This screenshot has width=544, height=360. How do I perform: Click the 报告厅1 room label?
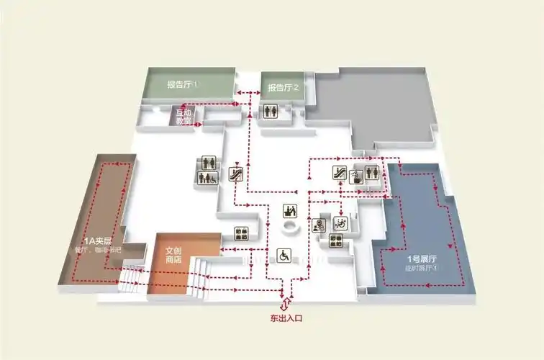click(182, 85)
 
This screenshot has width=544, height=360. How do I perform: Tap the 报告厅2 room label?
click(283, 89)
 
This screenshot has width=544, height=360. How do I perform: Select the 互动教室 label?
click(184, 117)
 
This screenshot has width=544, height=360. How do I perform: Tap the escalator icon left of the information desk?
click(235, 173)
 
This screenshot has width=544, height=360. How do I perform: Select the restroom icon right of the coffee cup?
click(372, 173)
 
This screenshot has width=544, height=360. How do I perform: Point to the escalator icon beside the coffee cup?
click(340, 173)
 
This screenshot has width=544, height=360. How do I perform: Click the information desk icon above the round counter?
click(290, 212)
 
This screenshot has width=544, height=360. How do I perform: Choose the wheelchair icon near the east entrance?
click(284, 255)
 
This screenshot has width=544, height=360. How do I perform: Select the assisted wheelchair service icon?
click(340, 224)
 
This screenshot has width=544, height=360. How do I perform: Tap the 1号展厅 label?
click(422, 258)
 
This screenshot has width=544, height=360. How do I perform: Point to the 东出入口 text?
click(286, 317)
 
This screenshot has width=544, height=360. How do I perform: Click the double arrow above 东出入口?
click(286, 303)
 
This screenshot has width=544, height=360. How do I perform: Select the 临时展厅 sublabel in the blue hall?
click(422, 268)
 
